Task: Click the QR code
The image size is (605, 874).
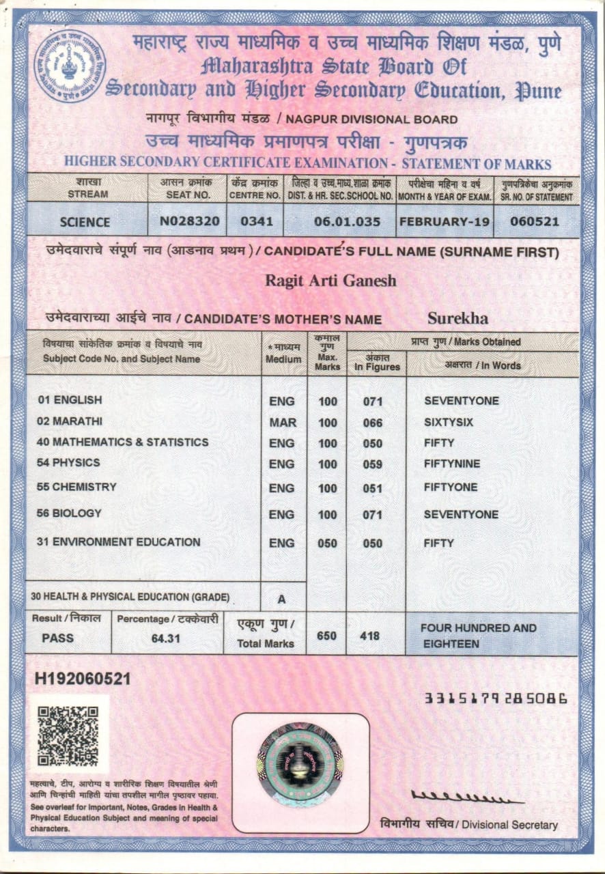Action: coord(68,735)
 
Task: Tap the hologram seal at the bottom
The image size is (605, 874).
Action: coord(300,763)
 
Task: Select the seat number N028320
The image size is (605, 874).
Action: coord(190,221)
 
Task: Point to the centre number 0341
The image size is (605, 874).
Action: coord(255,221)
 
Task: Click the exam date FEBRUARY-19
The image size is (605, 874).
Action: coord(445,221)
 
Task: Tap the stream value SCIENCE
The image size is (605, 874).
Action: coord(85,222)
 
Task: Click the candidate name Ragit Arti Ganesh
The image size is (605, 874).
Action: coord(330,281)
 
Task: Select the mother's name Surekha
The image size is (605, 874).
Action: coord(458,318)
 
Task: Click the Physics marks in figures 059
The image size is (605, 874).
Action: coord(373,464)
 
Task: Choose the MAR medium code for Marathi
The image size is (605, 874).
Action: coord(283,423)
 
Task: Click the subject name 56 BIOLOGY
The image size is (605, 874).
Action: coord(69,513)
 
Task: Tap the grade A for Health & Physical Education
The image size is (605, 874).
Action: coord(281,600)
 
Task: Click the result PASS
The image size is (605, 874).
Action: coord(58,638)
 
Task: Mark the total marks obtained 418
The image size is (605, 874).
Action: coord(369,636)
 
